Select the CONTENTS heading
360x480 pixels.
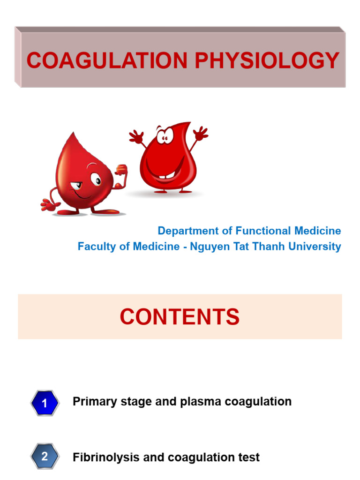click(180, 317)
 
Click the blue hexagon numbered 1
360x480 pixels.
click(45, 403)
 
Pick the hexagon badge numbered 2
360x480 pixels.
click(45, 456)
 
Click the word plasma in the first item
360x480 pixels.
click(202, 402)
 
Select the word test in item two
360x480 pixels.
click(249, 457)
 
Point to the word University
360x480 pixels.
click(318, 246)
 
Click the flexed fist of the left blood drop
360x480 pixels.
click(121, 169)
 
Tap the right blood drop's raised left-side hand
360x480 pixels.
click(136, 136)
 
